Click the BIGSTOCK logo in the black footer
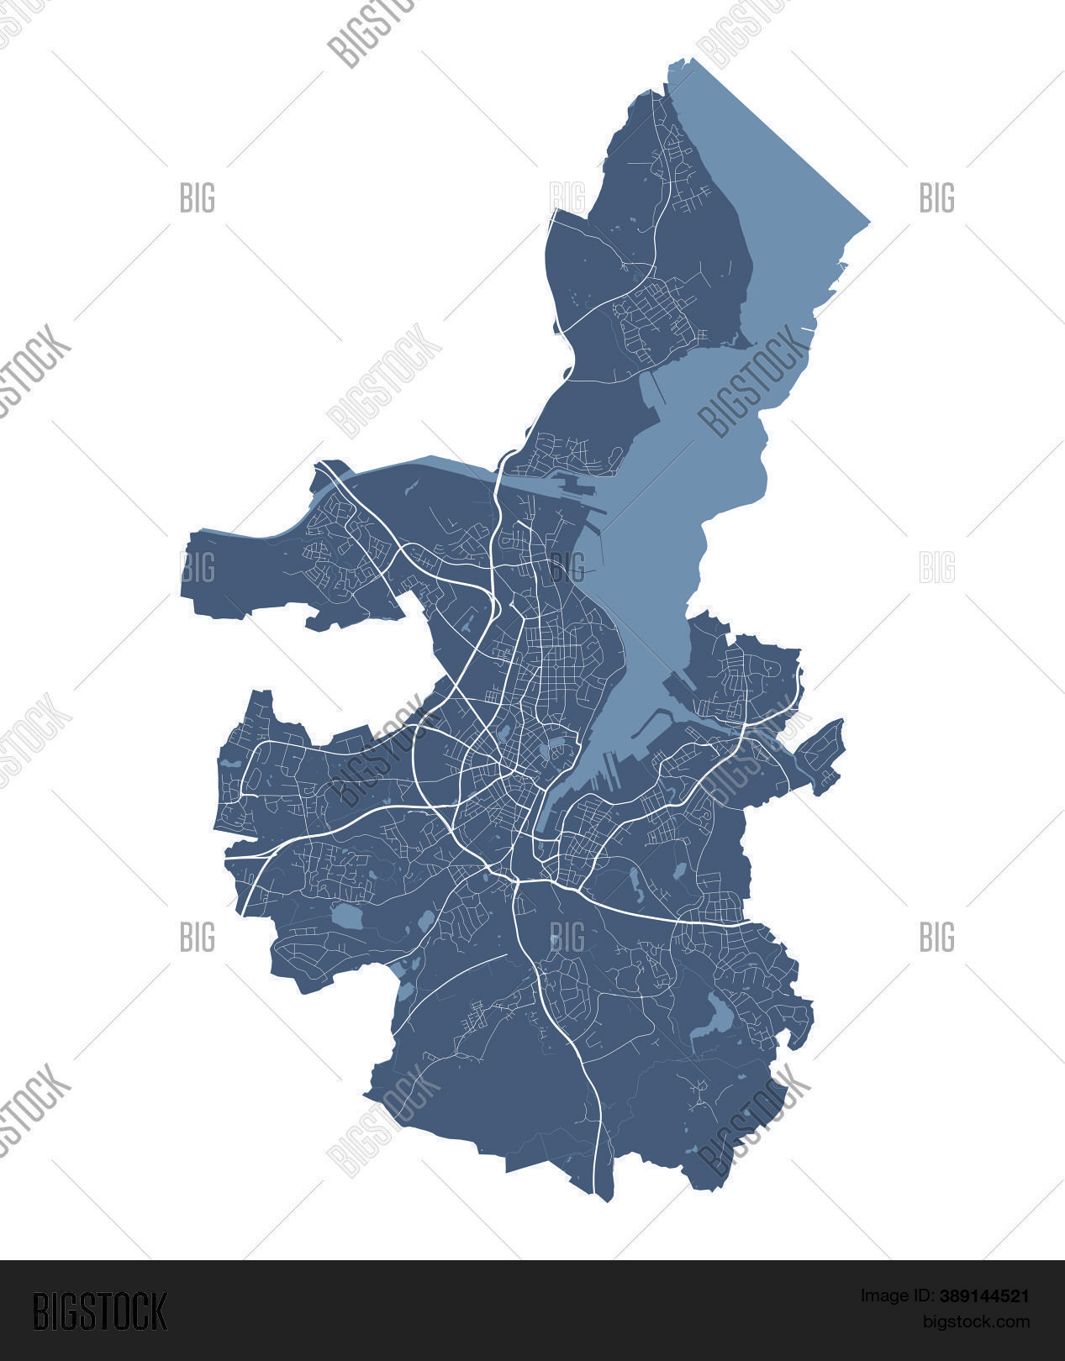100,1310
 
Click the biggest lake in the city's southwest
345,916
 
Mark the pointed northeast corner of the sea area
868,223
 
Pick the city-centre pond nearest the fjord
555,744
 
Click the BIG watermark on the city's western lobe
198,568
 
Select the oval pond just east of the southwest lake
426,919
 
